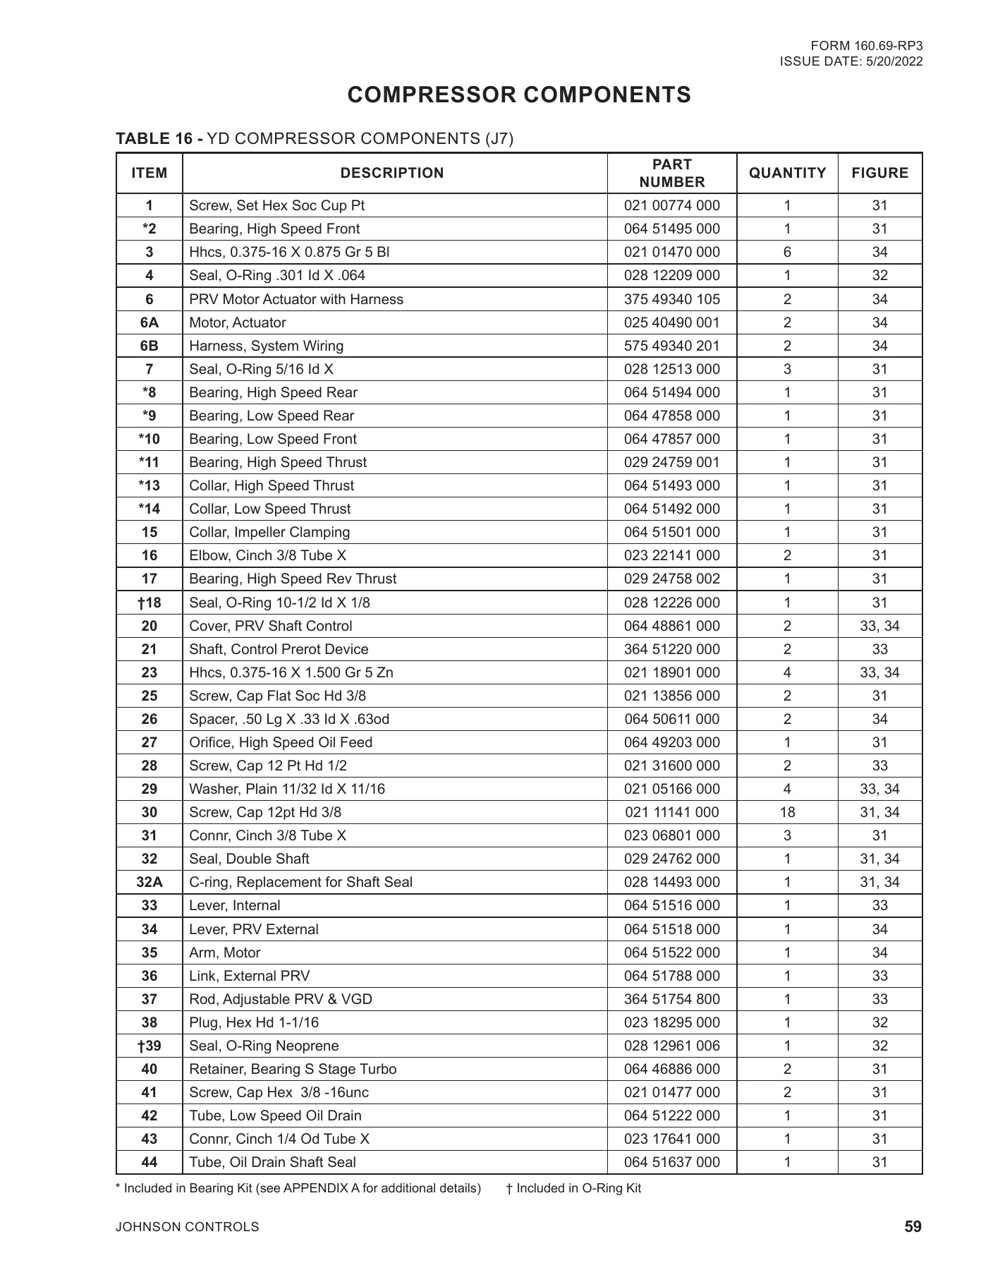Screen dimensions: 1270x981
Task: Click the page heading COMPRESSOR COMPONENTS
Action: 519,95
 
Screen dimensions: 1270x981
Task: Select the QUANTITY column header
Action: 787,173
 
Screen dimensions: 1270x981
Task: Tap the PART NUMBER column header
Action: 671,173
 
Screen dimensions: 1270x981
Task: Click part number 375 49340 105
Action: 671,299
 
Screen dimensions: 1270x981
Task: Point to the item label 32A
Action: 150,882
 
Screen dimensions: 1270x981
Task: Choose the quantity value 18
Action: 787,812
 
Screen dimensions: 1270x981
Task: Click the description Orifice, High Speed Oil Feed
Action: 281,742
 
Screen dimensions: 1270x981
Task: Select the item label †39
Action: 150,1046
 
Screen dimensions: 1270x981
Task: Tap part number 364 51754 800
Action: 671,999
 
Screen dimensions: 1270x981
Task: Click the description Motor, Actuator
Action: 238,322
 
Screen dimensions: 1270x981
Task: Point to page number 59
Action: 913,1227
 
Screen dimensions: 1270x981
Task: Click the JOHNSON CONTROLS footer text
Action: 188,1227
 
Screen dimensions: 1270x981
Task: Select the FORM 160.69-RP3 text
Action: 872,46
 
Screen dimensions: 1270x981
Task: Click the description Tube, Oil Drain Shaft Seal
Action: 272,1162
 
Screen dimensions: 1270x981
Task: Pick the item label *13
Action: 150,485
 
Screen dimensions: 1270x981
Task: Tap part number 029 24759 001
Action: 671,462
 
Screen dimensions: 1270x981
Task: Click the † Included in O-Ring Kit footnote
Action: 573,1188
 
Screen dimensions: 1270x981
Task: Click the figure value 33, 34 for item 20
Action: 879,626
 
